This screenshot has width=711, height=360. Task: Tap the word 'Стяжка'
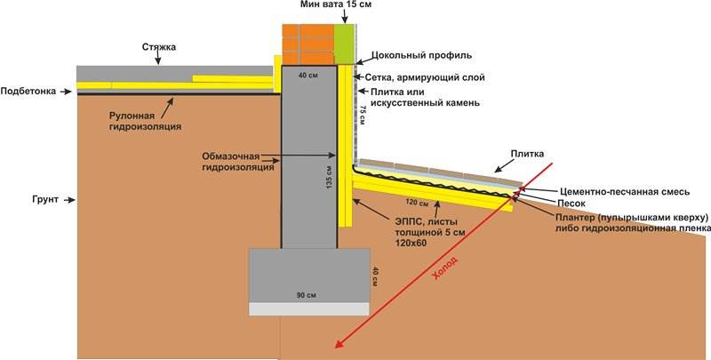pos(159,47)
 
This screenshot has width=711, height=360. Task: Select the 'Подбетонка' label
pos(28,92)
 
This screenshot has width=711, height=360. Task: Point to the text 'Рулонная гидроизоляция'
pos(145,122)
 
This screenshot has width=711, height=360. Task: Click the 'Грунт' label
pos(45,199)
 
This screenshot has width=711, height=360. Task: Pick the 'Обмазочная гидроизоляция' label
pos(238,162)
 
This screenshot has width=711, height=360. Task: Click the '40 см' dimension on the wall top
pos(308,76)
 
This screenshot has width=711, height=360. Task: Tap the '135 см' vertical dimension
pos(330,177)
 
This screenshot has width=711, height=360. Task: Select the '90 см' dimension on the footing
pos(307,296)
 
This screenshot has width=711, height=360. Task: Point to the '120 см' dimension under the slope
pos(417,202)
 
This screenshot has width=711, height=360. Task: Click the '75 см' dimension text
pos(363,115)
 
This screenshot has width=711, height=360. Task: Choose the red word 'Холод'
pos(445,268)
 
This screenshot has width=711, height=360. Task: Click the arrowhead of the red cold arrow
pos(339,345)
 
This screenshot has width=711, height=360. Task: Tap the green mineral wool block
pos(345,44)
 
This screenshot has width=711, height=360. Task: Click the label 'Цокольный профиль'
pos(421,55)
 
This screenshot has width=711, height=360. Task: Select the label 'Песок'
pos(571,204)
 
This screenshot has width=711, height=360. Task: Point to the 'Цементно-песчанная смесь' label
pos(625,192)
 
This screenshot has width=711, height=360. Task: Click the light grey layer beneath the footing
pos(309,309)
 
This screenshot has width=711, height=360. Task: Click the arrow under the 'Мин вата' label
pos(345,17)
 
